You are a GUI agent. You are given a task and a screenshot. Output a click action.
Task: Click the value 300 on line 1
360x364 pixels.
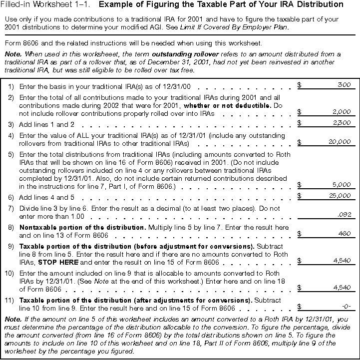pos(344,85)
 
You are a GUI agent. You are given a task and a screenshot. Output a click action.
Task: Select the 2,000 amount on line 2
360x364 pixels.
pos(342,112)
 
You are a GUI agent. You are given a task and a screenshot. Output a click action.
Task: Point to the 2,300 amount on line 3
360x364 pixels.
pos(342,123)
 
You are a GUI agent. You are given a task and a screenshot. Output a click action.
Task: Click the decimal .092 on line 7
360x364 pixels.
pos(345,215)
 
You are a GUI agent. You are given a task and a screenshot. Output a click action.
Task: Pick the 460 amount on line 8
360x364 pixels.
pos(344,233)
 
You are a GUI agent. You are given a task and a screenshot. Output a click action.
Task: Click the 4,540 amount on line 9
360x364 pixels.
pos(342,260)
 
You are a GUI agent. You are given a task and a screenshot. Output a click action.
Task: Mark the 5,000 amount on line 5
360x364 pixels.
pos(342,185)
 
